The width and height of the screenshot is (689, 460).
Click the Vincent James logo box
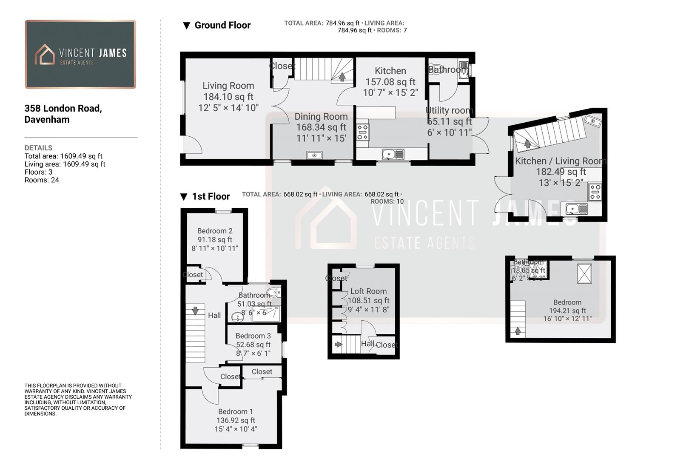click(x=80, y=54)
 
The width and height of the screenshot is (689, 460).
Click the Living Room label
click(x=228, y=86)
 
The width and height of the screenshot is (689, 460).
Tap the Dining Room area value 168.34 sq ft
click(x=321, y=127)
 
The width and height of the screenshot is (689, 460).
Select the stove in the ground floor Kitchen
click(x=362, y=132)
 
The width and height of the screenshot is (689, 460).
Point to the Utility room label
click(x=449, y=111)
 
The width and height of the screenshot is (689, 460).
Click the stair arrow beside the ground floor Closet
click(x=342, y=77)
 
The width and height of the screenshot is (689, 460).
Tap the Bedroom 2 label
click(x=215, y=231)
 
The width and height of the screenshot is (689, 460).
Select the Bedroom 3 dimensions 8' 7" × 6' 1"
click(x=253, y=354)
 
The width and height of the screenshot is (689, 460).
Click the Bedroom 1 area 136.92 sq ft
click(x=236, y=420)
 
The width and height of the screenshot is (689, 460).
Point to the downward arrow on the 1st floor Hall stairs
click(x=195, y=311)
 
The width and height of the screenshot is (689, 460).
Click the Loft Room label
click(x=368, y=291)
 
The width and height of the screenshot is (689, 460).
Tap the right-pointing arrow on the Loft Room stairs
click(x=339, y=344)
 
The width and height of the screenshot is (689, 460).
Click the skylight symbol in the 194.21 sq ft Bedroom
click(x=584, y=273)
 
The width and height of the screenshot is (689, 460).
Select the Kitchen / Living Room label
click(x=561, y=161)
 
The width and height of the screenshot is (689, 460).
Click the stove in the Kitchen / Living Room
click(x=595, y=192)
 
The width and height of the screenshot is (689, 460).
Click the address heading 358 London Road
click(x=63, y=109)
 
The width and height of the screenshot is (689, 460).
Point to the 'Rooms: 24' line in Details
click(x=42, y=180)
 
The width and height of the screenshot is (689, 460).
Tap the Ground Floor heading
click(x=222, y=26)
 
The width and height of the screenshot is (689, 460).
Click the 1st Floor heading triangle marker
click(x=184, y=197)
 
